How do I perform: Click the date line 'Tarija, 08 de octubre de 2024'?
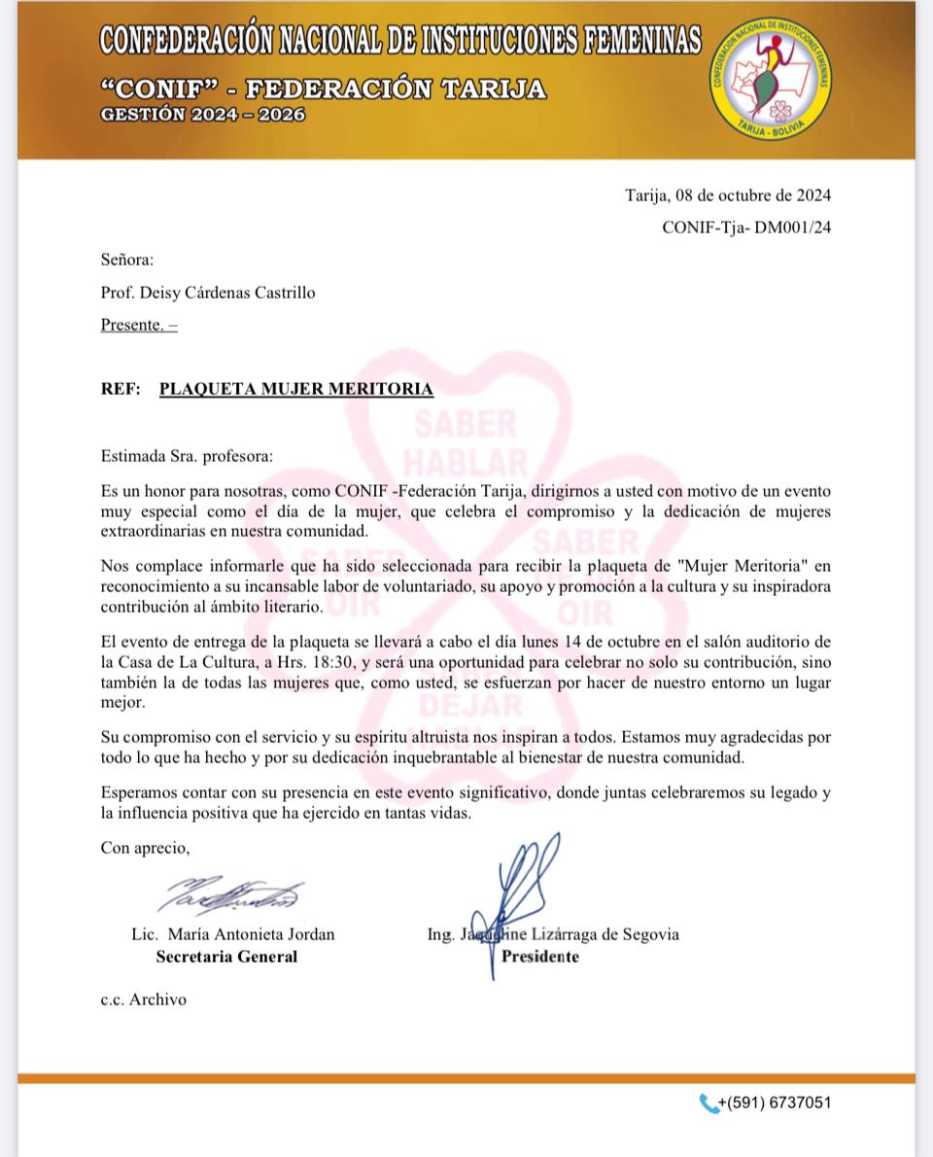728,195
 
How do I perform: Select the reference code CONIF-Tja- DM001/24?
746,228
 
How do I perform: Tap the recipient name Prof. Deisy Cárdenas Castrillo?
208,293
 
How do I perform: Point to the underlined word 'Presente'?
131,325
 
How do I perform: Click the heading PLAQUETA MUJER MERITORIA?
296,389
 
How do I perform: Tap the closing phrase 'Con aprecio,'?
146,848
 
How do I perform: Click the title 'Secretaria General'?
227,957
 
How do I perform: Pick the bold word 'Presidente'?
540,957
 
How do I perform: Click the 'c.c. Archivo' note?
144,999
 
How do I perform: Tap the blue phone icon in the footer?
708,1103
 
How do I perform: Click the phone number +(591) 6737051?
775,1103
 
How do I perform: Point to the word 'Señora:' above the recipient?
127,260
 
